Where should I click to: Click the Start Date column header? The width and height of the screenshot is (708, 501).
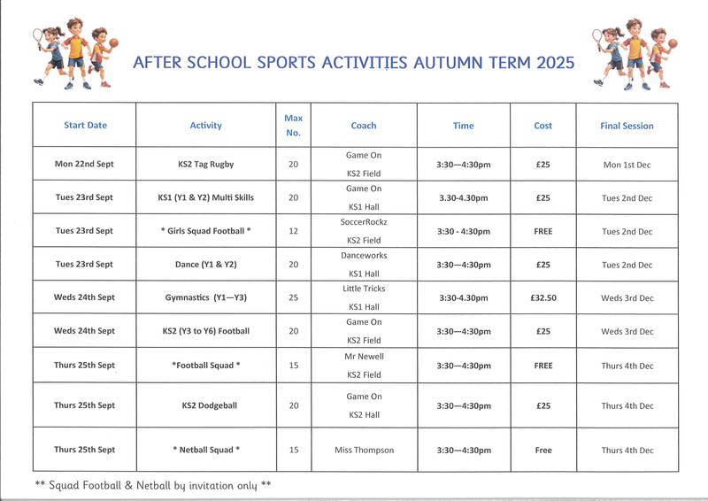pyautogui.click(x=85, y=126)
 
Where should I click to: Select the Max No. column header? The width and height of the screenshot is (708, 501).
pyautogui.click(x=294, y=125)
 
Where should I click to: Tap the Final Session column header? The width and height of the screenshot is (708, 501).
pyautogui.click(x=627, y=126)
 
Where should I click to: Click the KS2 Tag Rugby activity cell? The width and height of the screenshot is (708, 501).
pyautogui.click(x=206, y=165)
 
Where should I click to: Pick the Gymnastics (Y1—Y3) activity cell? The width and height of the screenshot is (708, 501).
pyautogui.click(x=206, y=298)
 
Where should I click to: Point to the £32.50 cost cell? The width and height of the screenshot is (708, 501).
pyautogui.click(x=543, y=298)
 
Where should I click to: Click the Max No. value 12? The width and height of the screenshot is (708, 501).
pyautogui.click(x=294, y=231)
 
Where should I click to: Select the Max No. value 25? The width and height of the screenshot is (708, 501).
pyautogui.click(x=294, y=298)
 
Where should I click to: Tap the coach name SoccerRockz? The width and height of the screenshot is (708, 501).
pyautogui.click(x=364, y=222)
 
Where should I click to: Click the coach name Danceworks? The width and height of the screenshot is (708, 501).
pyautogui.click(x=364, y=256)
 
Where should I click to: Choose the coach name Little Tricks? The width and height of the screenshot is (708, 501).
pyautogui.click(x=364, y=289)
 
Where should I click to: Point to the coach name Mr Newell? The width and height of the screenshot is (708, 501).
pyautogui.click(x=364, y=356)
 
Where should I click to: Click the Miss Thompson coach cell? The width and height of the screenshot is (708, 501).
pyautogui.click(x=364, y=451)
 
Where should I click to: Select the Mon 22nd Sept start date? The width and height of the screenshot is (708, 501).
pyautogui.click(x=84, y=165)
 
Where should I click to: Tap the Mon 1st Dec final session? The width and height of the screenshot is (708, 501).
pyautogui.click(x=627, y=165)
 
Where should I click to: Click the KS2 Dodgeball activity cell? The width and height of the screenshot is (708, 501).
pyautogui.click(x=206, y=406)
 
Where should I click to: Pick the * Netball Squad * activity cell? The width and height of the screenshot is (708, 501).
pyautogui.click(x=206, y=451)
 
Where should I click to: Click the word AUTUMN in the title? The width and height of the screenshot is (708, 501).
pyautogui.click(x=469, y=63)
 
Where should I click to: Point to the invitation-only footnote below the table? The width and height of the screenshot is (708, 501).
pyautogui.click(x=153, y=485)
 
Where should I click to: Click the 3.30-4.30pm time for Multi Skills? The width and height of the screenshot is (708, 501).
pyautogui.click(x=464, y=198)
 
